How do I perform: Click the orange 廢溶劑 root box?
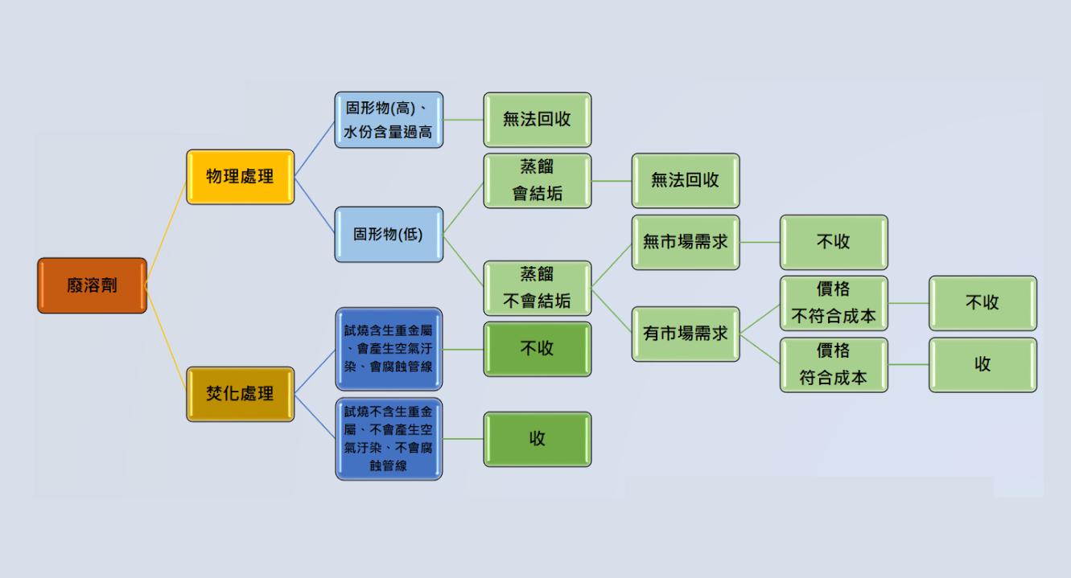pyautogui.click(x=92, y=285)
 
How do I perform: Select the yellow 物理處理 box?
pyautogui.click(x=240, y=177)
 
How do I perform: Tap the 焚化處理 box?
pyautogui.click(x=240, y=394)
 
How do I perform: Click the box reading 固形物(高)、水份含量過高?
pyautogui.click(x=389, y=120)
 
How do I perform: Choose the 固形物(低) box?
pyautogui.click(x=389, y=235)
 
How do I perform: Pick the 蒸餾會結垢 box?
pyautogui.click(x=537, y=181)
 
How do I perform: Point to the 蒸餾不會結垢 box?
pyautogui.click(x=537, y=288)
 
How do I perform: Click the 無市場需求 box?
pyautogui.click(x=685, y=242)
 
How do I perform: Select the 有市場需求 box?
pyautogui.click(x=685, y=334)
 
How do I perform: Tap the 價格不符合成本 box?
pyautogui.click(x=834, y=303)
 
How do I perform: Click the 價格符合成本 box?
pyautogui.click(x=834, y=365)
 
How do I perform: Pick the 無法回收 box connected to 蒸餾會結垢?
pyautogui.click(x=685, y=181)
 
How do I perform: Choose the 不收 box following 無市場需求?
pyautogui.click(x=834, y=242)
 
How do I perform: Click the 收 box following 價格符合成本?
pyautogui.click(x=982, y=365)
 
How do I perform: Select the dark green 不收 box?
pyautogui.click(x=537, y=349)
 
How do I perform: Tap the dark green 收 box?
pyautogui.click(x=537, y=439)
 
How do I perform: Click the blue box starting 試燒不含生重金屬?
pyautogui.click(x=389, y=439)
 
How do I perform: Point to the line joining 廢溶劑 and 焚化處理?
pyautogui.click(x=167, y=338)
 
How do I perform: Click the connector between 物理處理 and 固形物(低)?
pyautogui.click(x=315, y=206)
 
